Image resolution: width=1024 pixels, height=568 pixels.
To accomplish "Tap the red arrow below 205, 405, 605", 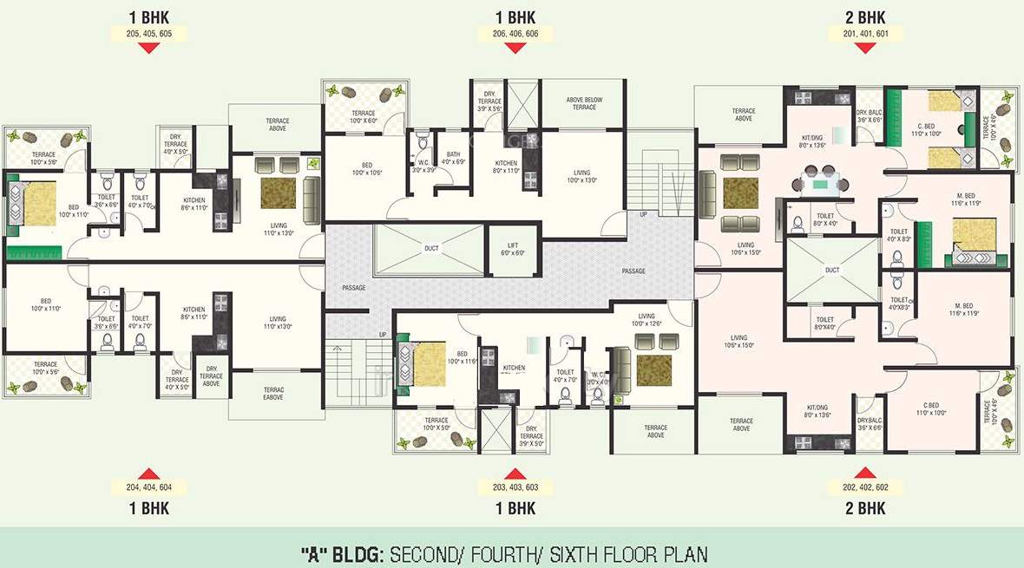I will (148, 49).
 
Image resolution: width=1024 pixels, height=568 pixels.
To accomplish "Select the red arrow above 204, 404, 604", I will (148, 473).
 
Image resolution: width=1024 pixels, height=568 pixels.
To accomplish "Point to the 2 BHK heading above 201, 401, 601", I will (865, 16).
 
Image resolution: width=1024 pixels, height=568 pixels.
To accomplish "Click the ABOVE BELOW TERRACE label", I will (584, 103).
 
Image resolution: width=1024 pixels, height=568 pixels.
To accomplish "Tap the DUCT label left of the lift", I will (431, 249).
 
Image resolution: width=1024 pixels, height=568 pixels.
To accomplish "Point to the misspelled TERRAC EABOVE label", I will (273, 393).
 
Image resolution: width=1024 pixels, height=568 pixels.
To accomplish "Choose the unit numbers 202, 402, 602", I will (865, 487).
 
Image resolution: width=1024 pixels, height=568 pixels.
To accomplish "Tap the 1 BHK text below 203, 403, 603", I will (515, 508).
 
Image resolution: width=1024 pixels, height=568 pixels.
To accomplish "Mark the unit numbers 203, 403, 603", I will (515, 487).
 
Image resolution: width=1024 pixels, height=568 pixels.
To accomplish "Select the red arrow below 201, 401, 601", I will (865, 49).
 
